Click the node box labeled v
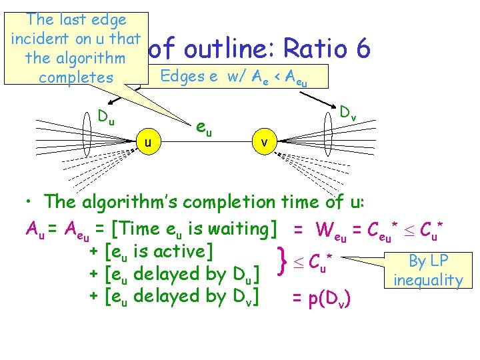point(265,142)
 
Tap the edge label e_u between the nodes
point(203,127)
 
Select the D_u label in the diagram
point(106,118)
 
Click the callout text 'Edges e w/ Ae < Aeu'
point(234,77)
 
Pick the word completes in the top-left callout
point(76,77)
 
